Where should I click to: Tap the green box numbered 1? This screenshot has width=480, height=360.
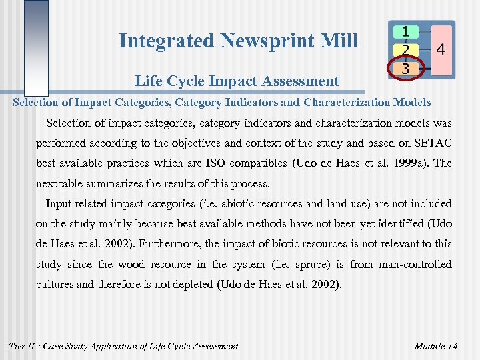click(x=405, y=31)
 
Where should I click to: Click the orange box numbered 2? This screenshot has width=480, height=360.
click(x=405, y=50)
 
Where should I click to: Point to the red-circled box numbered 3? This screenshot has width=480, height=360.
click(x=405, y=68)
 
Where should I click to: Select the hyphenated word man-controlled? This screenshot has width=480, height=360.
click(x=414, y=265)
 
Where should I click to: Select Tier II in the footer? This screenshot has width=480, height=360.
click(x=23, y=345)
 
